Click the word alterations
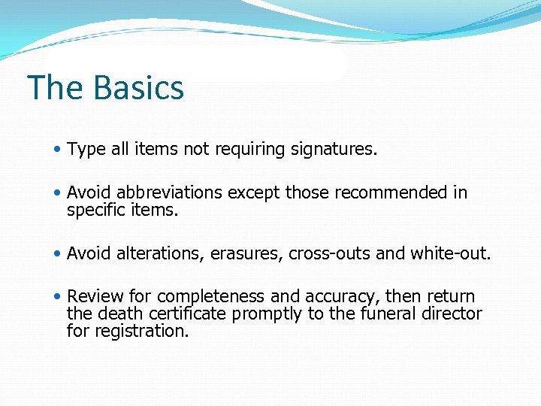pyautogui.click(x=160, y=253)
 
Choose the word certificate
pyautogui.click(x=191, y=314)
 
